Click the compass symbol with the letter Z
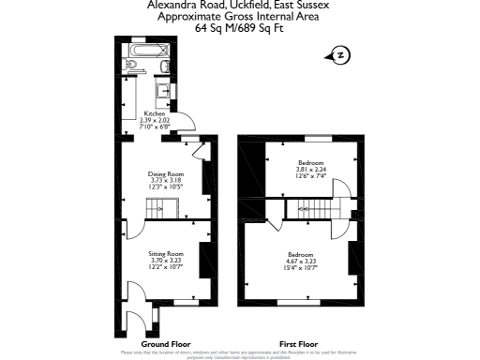pyautogui.click(x=339, y=56)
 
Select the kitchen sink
pyautogui.click(x=163, y=90)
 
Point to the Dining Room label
pyautogui.click(x=165, y=173)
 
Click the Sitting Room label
pyautogui.click(x=165, y=254)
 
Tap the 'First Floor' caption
pyautogui.click(x=297, y=344)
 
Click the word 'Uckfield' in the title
pyautogui.click(x=238, y=6)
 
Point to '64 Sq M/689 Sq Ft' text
pyautogui.click(x=239, y=29)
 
